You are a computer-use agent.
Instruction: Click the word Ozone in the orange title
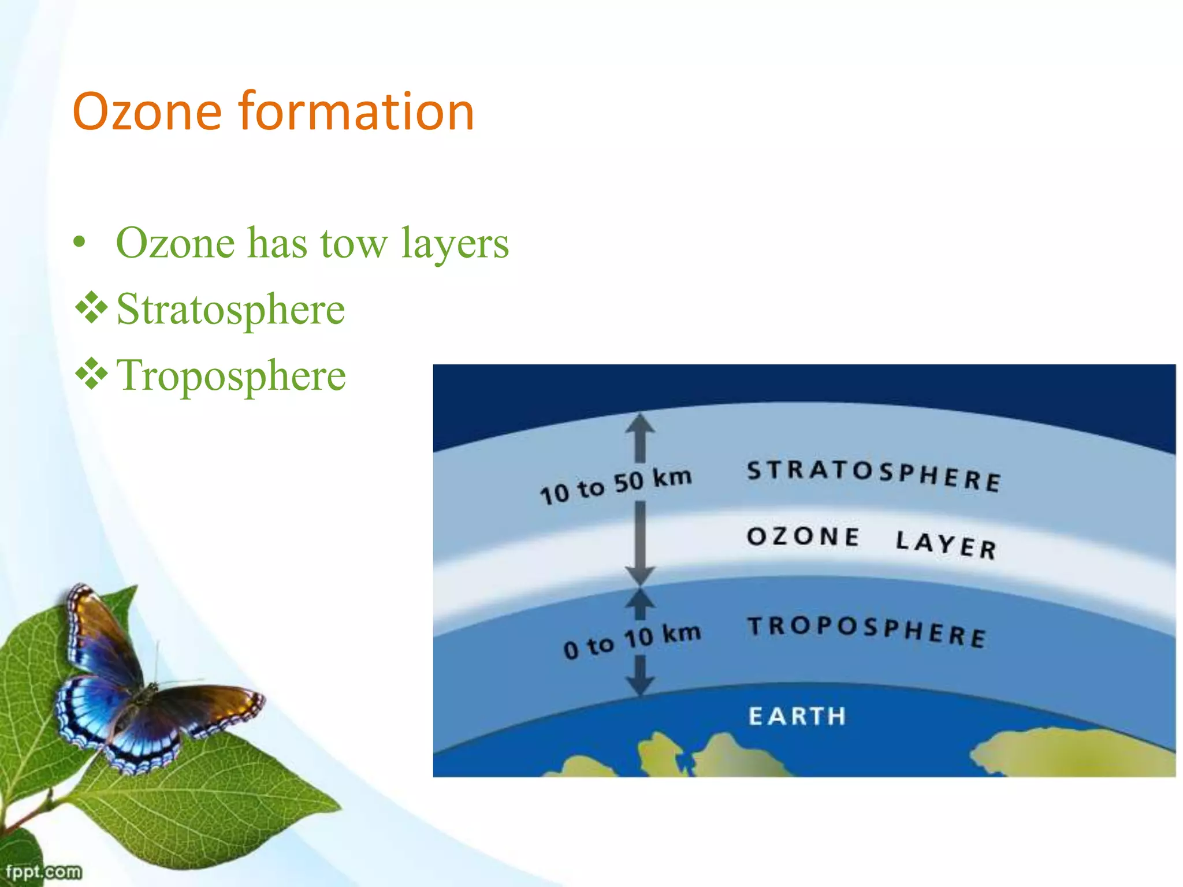pos(147,111)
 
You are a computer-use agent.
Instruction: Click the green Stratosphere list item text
pos(230,310)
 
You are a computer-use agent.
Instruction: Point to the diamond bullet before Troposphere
pos(91,374)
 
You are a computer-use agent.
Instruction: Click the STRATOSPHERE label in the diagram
pos(873,475)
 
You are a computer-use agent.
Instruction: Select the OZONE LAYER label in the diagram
pos(871,542)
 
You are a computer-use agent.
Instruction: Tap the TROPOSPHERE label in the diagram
pos(866,631)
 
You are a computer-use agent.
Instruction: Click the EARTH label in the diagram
pos(797,716)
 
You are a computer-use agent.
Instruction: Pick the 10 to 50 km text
pos(615,486)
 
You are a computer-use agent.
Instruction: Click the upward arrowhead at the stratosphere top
pos(640,424)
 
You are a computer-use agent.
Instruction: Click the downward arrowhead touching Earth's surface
pos(640,685)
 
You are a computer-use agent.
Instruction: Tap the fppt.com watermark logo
pos(43,871)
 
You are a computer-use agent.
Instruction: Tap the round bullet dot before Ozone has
pos(79,243)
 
